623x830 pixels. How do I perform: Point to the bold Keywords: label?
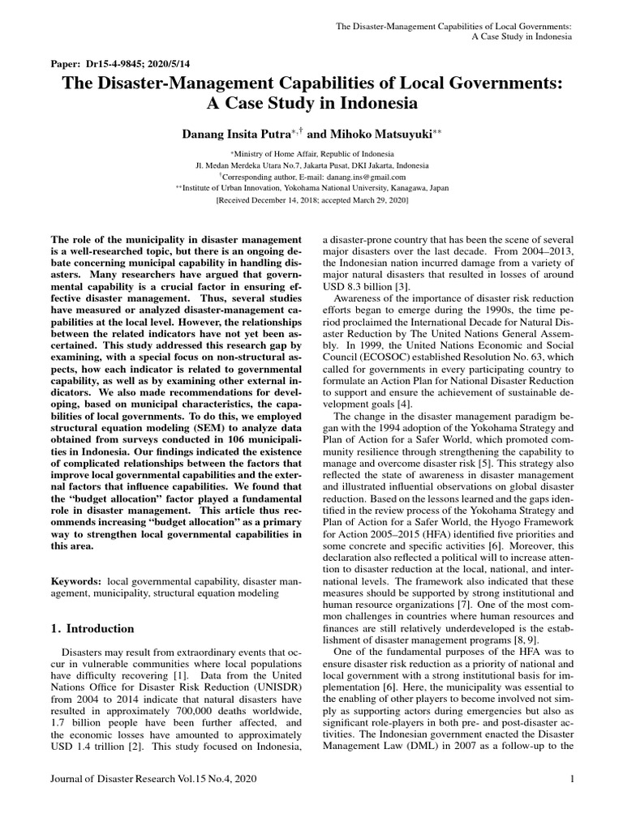pos(77,583)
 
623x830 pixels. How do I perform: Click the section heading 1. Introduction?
pos(92,628)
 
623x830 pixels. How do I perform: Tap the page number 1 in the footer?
pos(572,779)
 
